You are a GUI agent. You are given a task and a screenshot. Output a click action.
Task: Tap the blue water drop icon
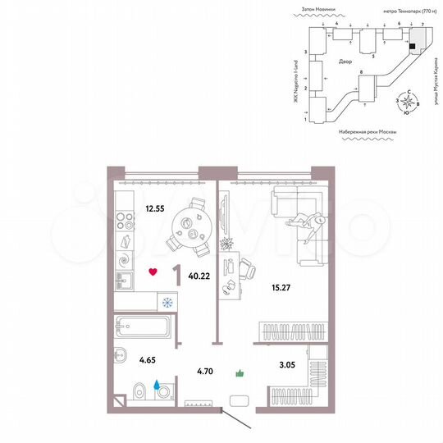coord(156,382)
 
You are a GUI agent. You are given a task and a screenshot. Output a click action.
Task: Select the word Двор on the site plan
coord(345,62)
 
